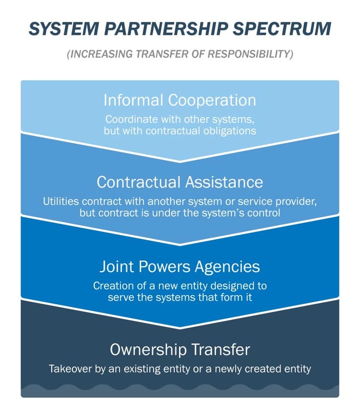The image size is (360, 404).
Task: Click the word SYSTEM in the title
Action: (x=64, y=28)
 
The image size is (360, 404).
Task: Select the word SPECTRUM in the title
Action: (x=282, y=28)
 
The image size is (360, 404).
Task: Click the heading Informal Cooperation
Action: (x=180, y=100)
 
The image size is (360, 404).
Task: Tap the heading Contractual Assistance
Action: (x=180, y=182)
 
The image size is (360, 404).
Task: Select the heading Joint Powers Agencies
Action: (x=180, y=266)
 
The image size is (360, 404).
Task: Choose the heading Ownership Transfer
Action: (x=180, y=350)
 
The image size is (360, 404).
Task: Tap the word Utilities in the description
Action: (x=61, y=201)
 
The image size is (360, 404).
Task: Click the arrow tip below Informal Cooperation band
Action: (x=180, y=161)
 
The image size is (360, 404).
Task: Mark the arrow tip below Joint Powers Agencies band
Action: (x=180, y=328)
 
